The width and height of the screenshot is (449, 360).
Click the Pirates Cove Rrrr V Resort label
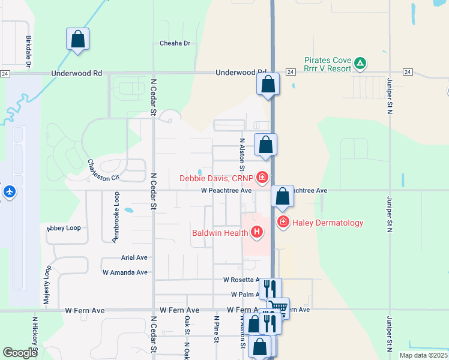[x=327, y=64]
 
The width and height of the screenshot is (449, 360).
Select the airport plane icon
[x=10, y=191]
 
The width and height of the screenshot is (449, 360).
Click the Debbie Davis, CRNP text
[x=217, y=178]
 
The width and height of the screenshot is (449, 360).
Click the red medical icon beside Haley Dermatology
[x=283, y=223]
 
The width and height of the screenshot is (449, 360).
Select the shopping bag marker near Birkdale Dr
[x=77, y=40]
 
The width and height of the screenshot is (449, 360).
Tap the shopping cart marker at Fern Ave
[x=278, y=308]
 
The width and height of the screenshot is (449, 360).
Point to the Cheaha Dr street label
[x=175, y=43]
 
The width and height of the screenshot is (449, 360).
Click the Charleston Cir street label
[x=103, y=170]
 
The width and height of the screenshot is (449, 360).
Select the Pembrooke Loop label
[x=115, y=217]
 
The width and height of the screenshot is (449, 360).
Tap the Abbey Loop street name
[x=64, y=228]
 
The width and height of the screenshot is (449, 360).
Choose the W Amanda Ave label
[x=125, y=272]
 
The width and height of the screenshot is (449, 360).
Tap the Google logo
[x=20, y=353]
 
